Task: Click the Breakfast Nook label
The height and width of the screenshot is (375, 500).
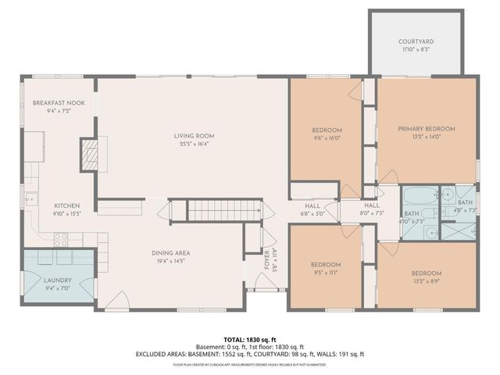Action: click(59, 103)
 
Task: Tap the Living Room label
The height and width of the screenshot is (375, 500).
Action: click(194, 136)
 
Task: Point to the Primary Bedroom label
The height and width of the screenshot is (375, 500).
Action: click(426, 129)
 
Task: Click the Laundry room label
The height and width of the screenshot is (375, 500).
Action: click(58, 280)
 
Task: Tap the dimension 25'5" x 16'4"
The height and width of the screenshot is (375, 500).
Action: click(194, 145)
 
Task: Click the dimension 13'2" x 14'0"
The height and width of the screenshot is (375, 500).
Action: click(426, 137)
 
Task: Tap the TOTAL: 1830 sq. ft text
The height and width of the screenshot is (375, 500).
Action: click(249, 339)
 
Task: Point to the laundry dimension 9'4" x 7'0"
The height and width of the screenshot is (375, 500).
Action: click(58, 288)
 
